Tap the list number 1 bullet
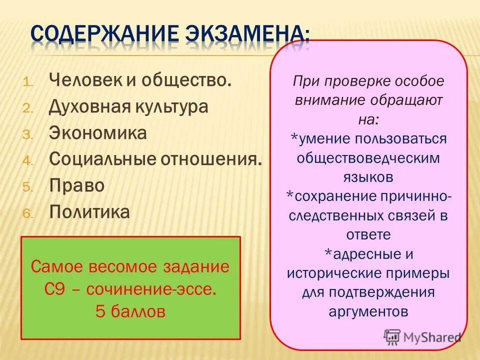click(x=27, y=82)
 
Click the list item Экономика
click(x=98, y=133)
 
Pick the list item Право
click(x=77, y=185)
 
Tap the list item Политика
click(x=89, y=212)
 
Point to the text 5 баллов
click(x=130, y=311)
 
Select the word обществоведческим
click(x=368, y=157)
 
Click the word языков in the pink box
click(x=368, y=176)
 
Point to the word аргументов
click(x=368, y=311)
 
